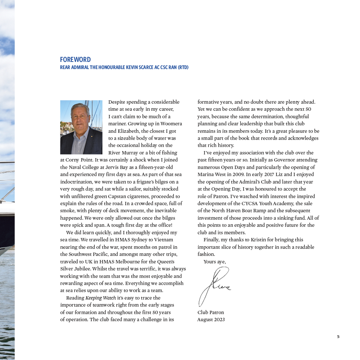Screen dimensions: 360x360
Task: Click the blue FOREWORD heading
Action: pos(75,60)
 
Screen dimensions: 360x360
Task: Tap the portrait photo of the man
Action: pos(81,127)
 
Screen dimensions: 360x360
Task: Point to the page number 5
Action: pos(338,337)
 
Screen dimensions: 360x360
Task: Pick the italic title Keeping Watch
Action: pos(100,298)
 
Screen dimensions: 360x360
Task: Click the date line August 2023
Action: pos(211,320)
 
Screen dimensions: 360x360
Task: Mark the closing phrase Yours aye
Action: pos(215,262)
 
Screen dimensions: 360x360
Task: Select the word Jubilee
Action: pos(83,269)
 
